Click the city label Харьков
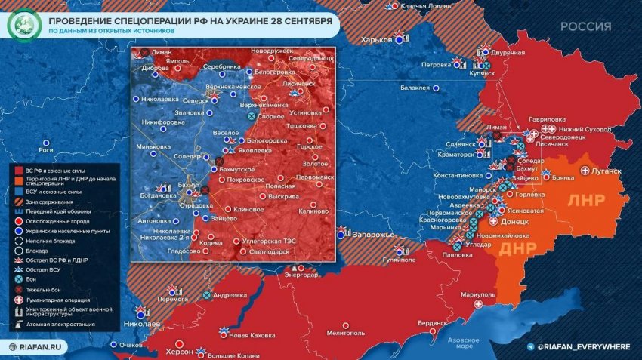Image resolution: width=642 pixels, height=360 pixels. pyautogui.click(x=377, y=38)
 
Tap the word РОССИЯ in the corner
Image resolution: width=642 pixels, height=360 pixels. pyautogui.click(x=586, y=26)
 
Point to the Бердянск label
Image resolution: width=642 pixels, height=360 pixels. pyautogui.click(x=434, y=322)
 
